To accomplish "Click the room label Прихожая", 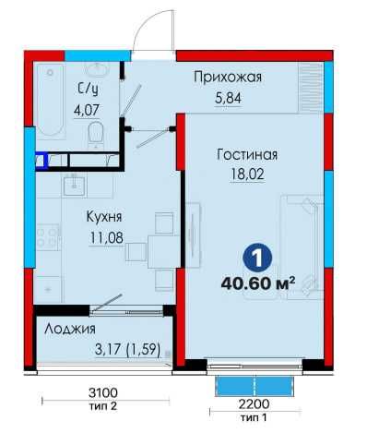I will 228,78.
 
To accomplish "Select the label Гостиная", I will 247,155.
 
